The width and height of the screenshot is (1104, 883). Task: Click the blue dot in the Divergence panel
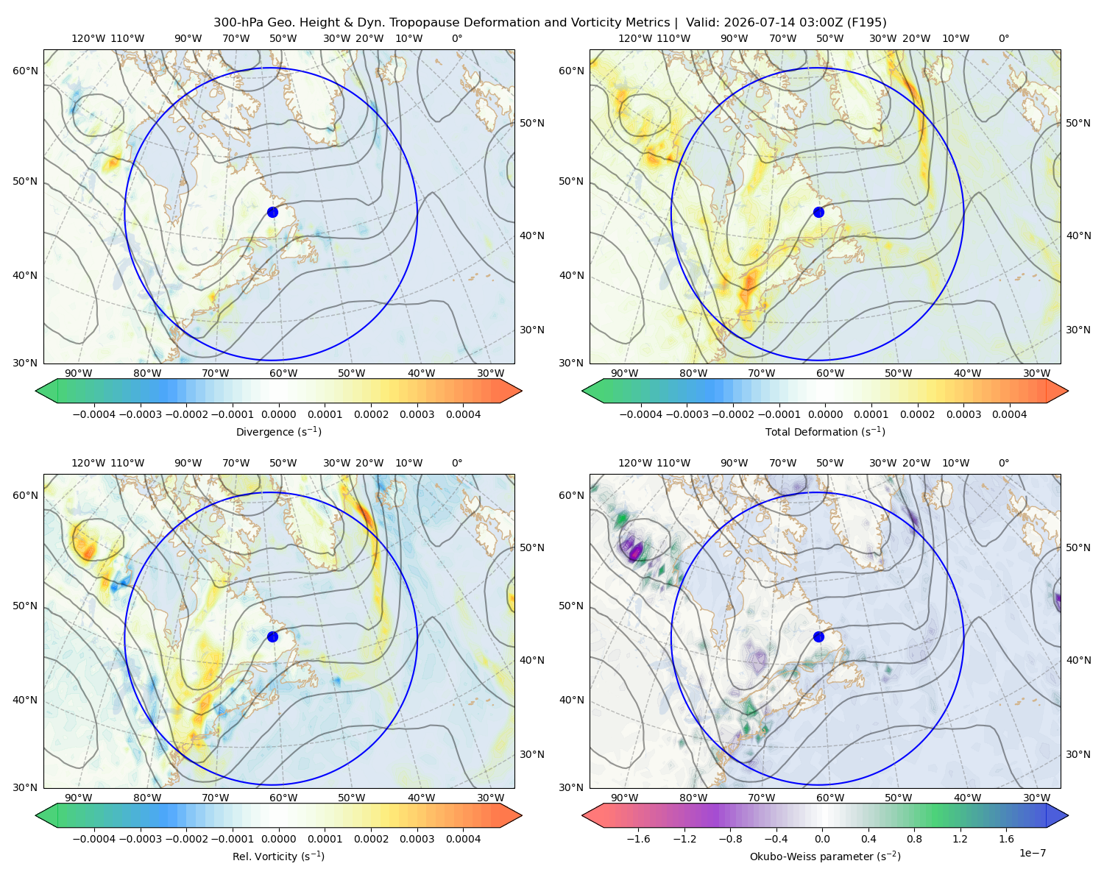(272, 212)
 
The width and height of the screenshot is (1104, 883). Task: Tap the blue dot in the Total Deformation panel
(818, 212)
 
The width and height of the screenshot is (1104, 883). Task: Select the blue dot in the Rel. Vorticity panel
(272, 636)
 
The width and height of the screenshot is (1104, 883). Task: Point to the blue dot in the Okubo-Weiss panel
(818, 636)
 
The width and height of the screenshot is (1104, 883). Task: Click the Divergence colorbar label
(278, 431)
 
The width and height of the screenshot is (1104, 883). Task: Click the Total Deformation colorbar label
(825, 431)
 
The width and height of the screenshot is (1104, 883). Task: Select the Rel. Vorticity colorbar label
(278, 856)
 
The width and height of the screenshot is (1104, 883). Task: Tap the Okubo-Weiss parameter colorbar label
(825, 856)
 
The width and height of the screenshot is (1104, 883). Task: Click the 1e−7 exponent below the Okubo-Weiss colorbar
(1032, 853)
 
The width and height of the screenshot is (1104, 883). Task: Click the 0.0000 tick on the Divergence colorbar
(278, 414)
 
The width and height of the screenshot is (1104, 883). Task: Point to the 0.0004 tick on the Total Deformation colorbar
(1009, 414)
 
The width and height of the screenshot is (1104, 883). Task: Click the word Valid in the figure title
(701, 23)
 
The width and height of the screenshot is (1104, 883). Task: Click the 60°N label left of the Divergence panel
(25, 71)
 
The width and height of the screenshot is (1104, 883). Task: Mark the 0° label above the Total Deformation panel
(1003, 38)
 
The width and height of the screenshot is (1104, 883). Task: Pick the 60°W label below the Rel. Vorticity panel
(283, 798)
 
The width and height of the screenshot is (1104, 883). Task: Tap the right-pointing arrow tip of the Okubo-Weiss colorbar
(1068, 815)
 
